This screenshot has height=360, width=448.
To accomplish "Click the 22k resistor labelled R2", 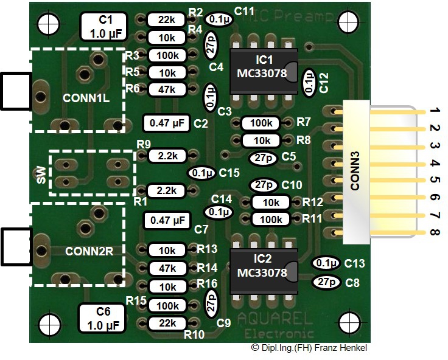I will pyautogui.click(x=167, y=19).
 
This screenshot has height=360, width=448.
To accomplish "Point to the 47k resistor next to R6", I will pyautogui.click(x=167, y=89).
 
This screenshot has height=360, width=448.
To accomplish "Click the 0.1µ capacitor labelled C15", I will pyautogui.click(x=201, y=173).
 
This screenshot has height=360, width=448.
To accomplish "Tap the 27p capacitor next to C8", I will pyautogui.click(x=327, y=282).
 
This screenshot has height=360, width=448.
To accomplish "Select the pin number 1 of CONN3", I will pyautogui.click(x=434, y=112).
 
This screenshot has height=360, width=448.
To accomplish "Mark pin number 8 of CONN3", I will pyautogui.click(x=434, y=232).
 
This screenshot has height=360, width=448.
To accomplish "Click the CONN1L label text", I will pyautogui.click(x=86, y=97).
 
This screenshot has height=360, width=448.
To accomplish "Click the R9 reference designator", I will pyautogui.click(x=144, y=144).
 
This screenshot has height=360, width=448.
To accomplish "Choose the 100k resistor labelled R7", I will pyautogui.click(x=262, y=123).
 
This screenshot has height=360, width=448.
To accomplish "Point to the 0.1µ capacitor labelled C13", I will pyautogui.click(x=326, y=263).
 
